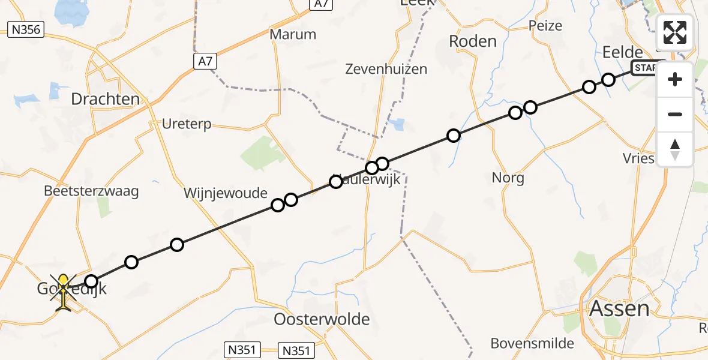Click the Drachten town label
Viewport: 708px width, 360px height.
(x=105, y=99)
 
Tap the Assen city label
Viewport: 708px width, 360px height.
(x=620, y=308)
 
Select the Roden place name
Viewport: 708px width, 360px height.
(x=473, y=41)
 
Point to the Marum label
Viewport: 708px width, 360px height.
(x=293, y=34)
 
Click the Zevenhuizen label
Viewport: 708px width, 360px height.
(x=386, y=69)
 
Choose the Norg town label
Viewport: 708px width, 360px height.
(x=508, y=178)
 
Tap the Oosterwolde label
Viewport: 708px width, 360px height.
(x=322, y=319)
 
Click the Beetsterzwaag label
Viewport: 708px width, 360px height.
(x=91, y=191)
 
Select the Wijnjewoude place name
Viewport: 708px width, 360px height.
(x=226, y=193)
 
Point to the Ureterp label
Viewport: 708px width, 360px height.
(x=187, y=124)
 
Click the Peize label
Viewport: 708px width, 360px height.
(x=545, y=25)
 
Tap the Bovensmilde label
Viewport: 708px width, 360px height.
(x=532, y=344)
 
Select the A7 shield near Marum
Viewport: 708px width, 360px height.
(x=205, y=61)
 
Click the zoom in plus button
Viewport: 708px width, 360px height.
(x=675, y=79)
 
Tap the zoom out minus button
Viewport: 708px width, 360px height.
(x=675, y=114)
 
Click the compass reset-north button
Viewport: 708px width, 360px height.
(x=675, y=149)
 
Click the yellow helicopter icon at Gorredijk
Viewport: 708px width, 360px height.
(x=64, y=293)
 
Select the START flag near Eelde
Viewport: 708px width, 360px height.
(x=646, y=68)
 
